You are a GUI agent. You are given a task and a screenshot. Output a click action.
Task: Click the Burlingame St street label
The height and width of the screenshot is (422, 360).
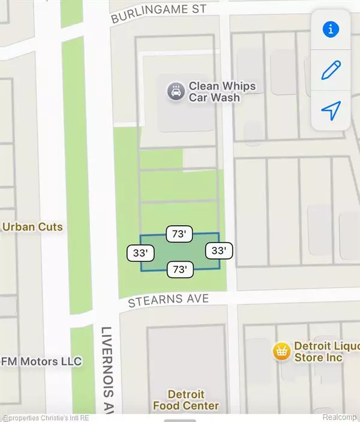(158, 14)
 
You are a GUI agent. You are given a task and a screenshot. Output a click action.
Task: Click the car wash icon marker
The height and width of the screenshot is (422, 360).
(175, 92)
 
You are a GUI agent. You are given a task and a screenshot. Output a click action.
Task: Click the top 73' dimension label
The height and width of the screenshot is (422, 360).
(179, 235)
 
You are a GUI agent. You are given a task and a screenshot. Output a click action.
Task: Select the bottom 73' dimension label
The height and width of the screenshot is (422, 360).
(179, 270)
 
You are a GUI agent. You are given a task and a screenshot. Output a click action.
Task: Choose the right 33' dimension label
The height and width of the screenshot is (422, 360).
(218, 250)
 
